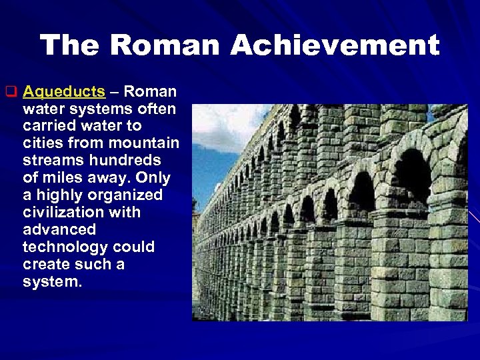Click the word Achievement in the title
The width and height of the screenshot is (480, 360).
pyautogui.click(x=335, y=45)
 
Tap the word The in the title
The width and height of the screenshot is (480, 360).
pyautogui.click(x=69, y=45)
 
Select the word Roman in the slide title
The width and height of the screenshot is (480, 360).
pyautogui.click(x=166, y=45)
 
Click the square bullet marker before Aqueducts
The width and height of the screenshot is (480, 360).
pyautogui.click(x=10, y=91)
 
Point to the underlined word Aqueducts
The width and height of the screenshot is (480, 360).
pyautogui.click(x=64, y=91)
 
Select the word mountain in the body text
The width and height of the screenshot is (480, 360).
pyautogui.click(x=146, y=143)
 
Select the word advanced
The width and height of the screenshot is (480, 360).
pyautogui.click(x=59, y=230)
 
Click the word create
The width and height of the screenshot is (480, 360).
pyautogui.click(x=44, y=265)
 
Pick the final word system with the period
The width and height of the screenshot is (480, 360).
pyautogui.click(x=53, y=282)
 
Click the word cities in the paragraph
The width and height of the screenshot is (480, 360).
pyautogui.click(x=41, y=143)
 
